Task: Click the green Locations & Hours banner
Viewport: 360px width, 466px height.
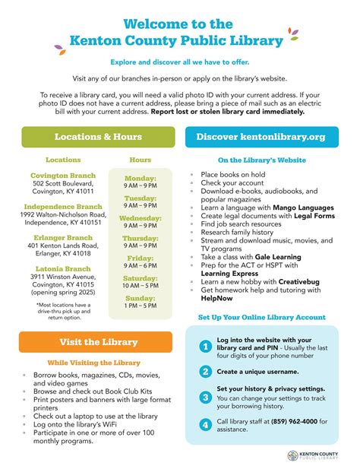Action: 97,137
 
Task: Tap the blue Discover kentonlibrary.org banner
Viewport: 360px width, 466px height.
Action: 261,137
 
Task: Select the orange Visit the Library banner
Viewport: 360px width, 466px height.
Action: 98,342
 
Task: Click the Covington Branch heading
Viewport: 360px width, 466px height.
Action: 64,176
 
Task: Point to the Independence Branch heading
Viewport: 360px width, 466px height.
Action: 63,206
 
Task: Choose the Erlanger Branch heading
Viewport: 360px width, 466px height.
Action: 63,237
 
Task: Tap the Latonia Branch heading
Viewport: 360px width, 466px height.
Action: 63,268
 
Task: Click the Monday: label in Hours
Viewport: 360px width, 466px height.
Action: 141,178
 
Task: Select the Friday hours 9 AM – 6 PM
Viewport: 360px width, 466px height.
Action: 141,266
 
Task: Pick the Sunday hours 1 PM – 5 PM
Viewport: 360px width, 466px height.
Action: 141,306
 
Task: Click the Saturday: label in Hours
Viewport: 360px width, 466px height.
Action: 141,277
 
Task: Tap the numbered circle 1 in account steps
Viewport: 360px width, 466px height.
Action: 205,347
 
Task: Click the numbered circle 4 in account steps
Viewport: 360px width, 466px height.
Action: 205,423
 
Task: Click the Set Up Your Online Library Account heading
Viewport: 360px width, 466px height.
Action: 261,317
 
